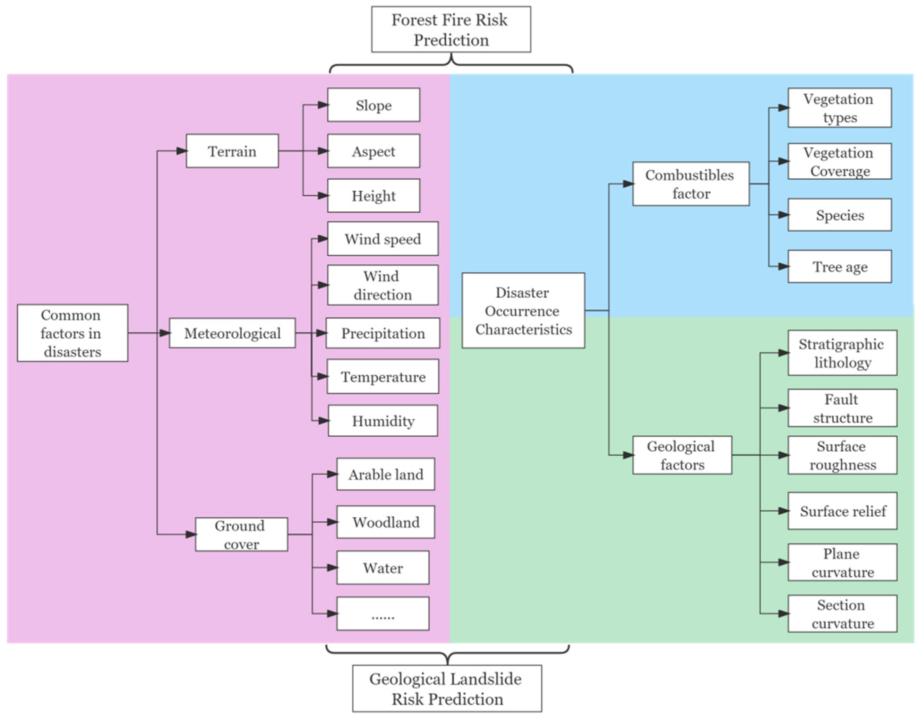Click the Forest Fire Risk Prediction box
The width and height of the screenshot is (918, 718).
451,29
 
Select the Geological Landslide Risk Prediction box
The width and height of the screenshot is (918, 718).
447,689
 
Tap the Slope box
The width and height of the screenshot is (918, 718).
373,105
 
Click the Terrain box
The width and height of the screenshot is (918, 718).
232,151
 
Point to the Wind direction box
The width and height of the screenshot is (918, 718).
383,285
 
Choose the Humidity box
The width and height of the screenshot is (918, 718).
383,421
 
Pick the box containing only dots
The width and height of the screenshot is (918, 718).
383,613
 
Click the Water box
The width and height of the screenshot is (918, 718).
383,567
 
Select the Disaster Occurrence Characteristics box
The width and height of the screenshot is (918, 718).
523,311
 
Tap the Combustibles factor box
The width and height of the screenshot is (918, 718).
690,184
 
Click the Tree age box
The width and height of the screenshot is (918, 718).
839,266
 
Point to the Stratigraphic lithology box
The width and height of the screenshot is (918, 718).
842,353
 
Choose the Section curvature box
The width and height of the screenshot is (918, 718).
842,614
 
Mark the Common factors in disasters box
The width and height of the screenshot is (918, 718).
72,333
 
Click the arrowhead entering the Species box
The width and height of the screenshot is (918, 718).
783,215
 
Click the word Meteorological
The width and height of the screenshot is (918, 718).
232,333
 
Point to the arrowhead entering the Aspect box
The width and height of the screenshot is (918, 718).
323,151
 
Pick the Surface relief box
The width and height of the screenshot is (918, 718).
842,511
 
